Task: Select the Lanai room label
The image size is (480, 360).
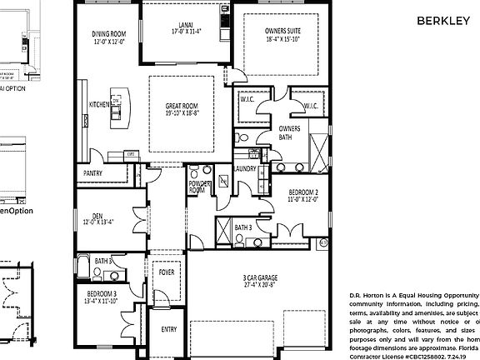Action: (176, 24)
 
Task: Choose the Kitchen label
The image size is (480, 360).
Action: (99, 105)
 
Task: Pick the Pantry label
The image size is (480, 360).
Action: (92, 172)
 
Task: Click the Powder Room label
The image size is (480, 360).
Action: (197, 187)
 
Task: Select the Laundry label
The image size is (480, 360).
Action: (245, 169)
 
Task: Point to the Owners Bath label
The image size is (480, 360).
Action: (289, 133)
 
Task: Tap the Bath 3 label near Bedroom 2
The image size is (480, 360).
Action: (243, 227)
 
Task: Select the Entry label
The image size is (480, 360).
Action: (168, 329)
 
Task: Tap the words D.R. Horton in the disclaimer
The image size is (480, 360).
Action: (370, 296)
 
